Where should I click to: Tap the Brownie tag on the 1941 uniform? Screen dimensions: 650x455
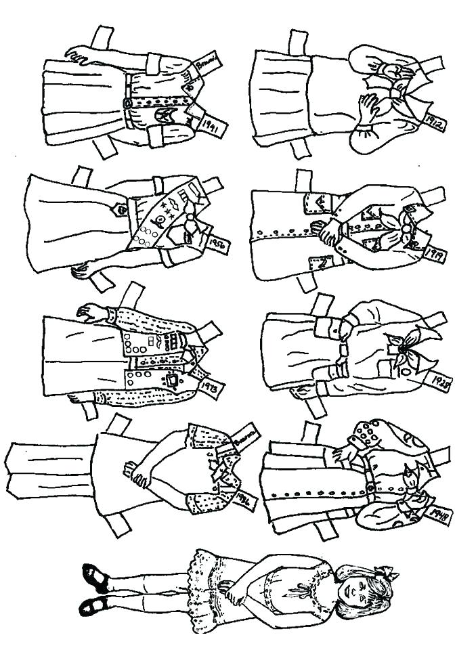(x=202, y=66)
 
